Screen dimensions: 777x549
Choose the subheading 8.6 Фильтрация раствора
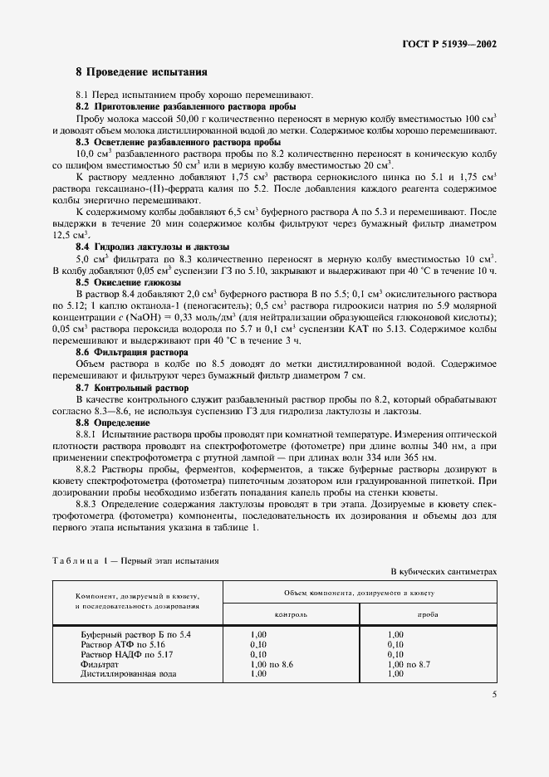click(x=131, y=353)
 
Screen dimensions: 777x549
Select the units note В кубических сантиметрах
click(x=444, y=573)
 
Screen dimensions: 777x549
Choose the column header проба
click(x=428, y=615)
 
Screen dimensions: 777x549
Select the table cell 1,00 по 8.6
click(x=272, y=665)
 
